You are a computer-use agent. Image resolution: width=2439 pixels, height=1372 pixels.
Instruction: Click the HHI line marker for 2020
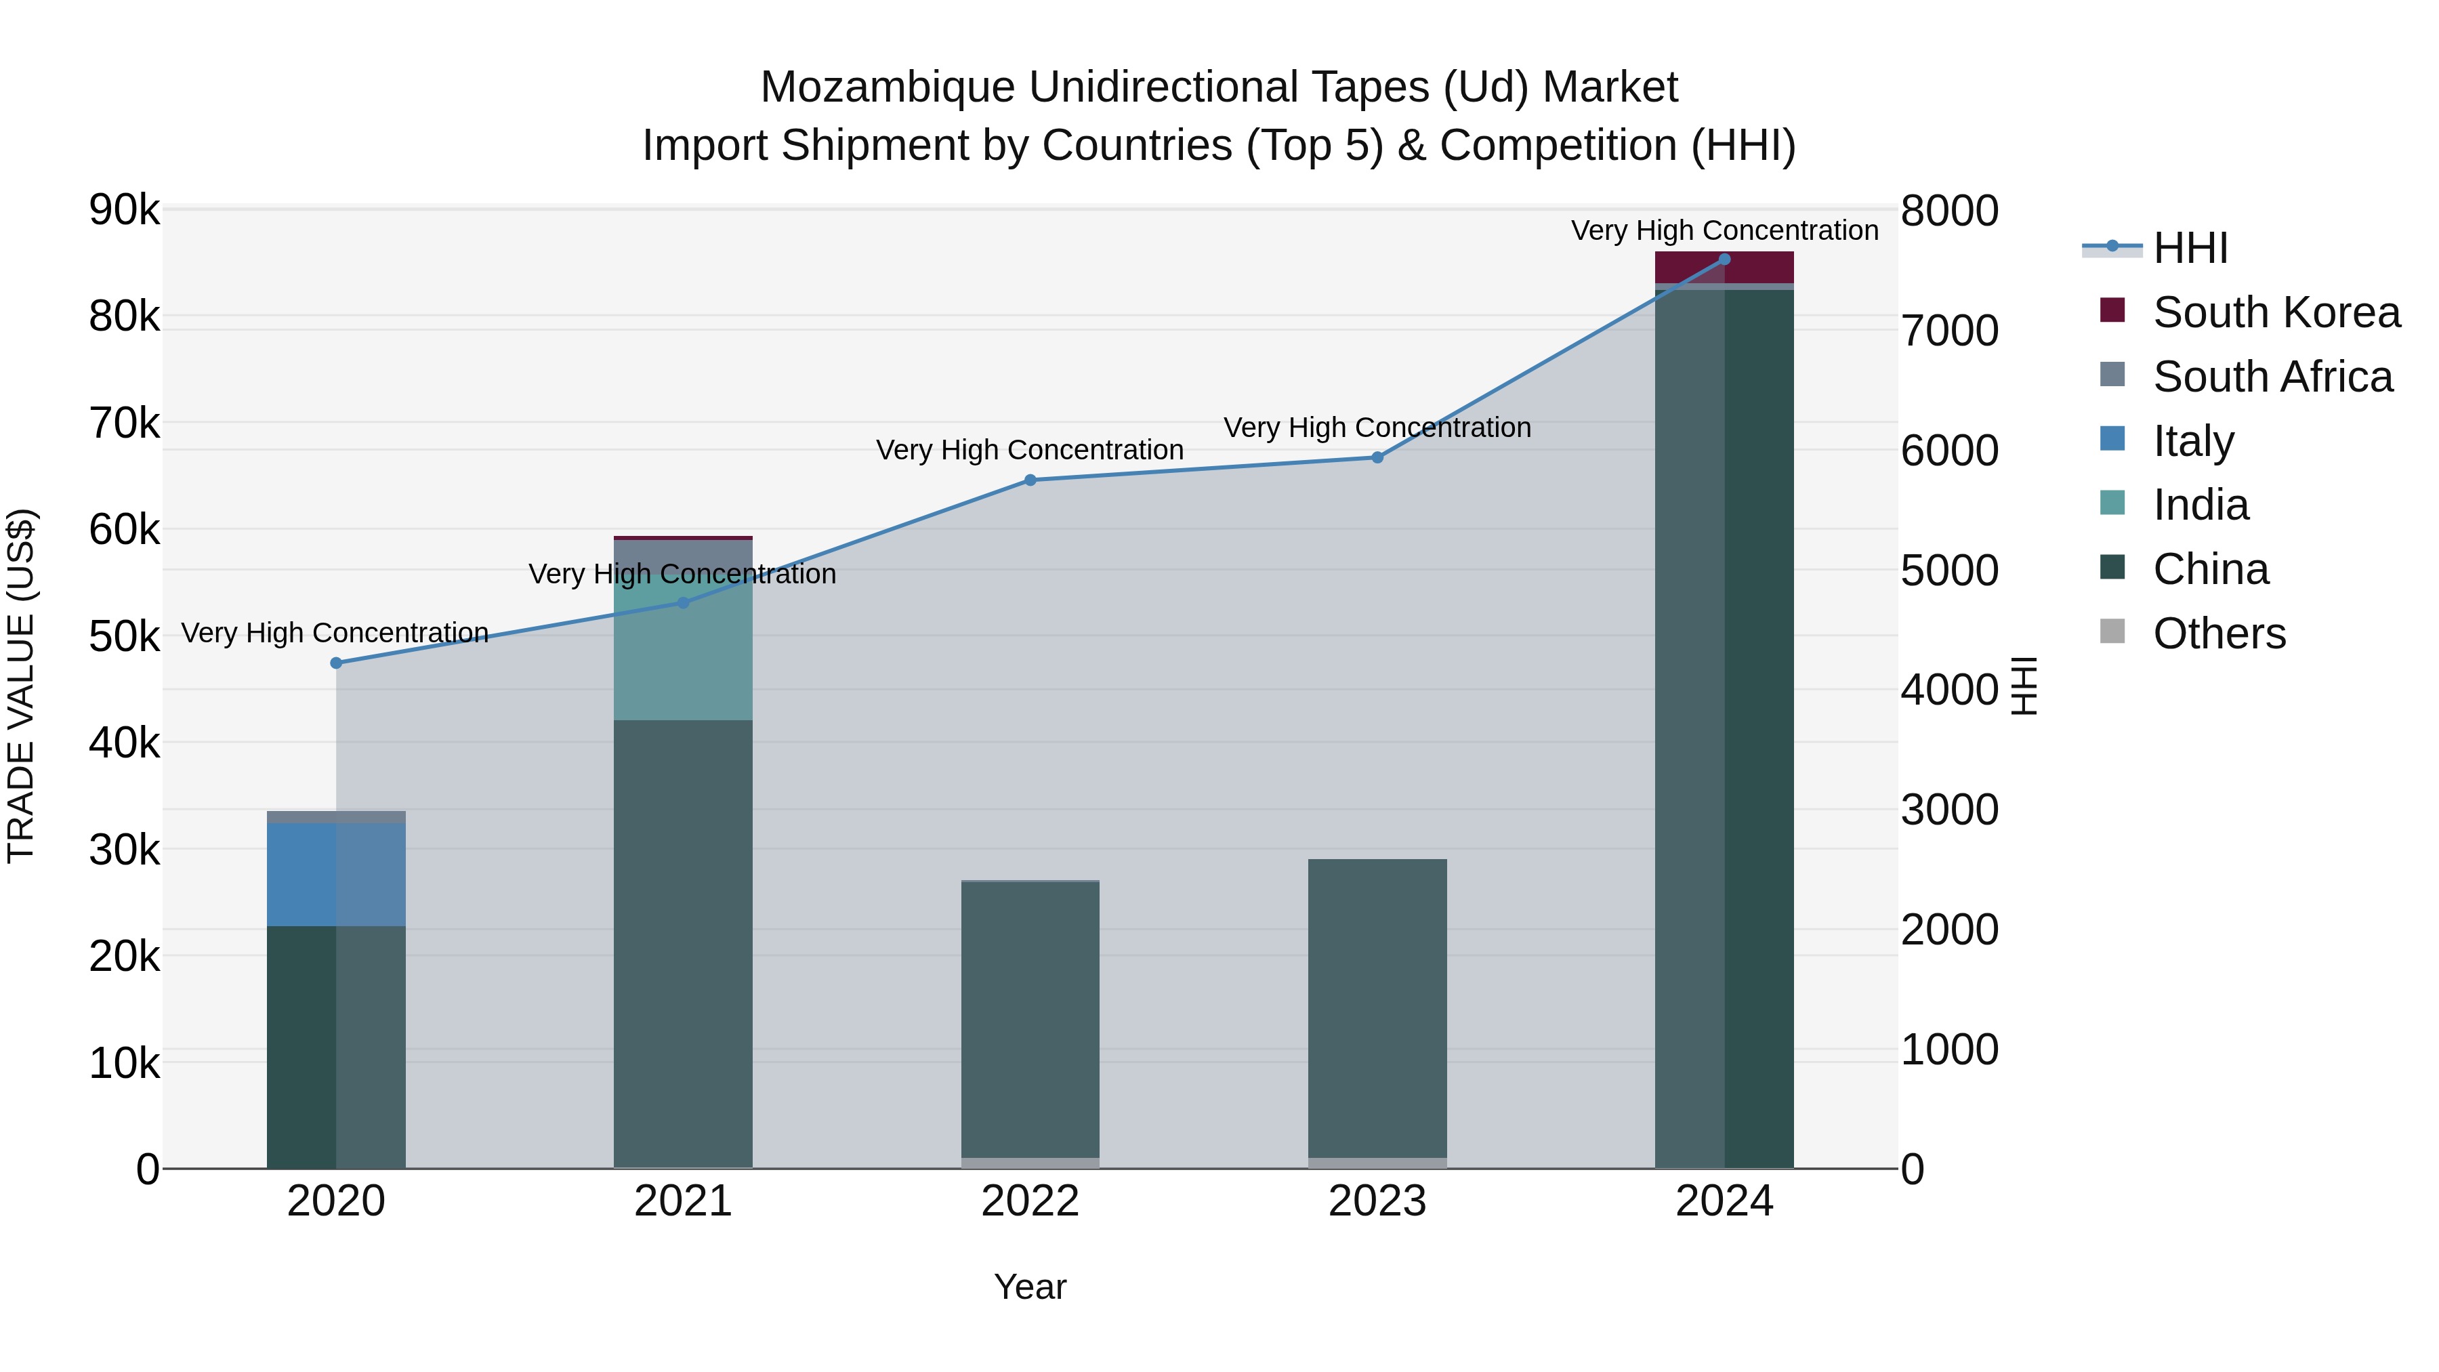[x=336, y=663]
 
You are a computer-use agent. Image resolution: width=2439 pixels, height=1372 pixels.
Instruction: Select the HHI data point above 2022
[x=1030, y=480]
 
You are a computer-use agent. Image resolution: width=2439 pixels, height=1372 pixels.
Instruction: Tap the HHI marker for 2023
[x=1377, y=457]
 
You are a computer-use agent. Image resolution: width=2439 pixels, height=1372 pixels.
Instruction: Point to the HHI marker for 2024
[x=1724, y=259]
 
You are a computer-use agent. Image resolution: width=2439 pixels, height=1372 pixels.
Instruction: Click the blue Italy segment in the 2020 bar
[x=336, y=873]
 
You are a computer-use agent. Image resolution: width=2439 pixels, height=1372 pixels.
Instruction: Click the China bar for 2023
[x=1377, y=1008]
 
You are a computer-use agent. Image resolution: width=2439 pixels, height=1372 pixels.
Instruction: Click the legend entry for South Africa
[x=2272, y=377]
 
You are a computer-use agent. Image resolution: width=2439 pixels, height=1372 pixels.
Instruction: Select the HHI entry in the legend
[x=2190, y=248]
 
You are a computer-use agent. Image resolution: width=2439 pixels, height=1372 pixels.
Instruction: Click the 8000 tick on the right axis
[x=1949, y=211]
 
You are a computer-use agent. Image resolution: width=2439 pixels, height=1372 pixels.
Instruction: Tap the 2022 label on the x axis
[x=1030, y=1201]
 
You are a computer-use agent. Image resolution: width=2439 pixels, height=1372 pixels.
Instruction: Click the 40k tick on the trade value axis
[x=124, y=743]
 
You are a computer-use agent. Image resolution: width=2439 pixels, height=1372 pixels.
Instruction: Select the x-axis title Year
[x=1030, y=1287]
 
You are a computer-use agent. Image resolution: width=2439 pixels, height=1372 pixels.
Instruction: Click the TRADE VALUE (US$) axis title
[x=22, y=686]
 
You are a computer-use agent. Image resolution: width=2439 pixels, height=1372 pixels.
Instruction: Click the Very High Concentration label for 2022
[x=1030, y=450]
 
